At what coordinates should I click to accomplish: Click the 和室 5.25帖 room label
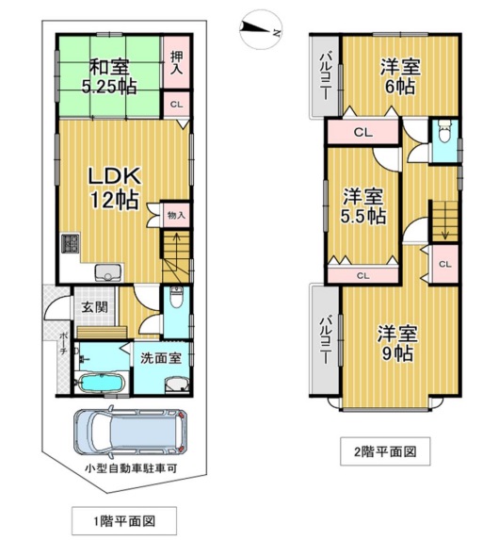(109, 76)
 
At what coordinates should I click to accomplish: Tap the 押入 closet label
(177, 63)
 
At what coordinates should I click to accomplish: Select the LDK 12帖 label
(115, 188)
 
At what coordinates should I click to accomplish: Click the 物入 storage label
(176, 216)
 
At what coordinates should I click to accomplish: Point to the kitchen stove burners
(71, 243)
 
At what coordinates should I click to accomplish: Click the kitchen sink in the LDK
(107, 273)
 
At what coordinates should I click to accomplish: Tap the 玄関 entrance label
(94, 307)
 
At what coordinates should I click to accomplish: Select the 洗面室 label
(161, 358)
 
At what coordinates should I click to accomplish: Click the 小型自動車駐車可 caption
(131, 468)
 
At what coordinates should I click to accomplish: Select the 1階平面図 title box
(124, 521)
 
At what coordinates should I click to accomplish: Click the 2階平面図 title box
(385, 451)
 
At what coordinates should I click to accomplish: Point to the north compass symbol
(261, 29)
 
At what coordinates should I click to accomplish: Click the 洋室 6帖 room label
(400, 76)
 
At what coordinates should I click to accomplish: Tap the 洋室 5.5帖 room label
(362, 206)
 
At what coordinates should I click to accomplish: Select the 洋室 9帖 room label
(397, 343)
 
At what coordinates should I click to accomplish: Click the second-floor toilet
(445, 131)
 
